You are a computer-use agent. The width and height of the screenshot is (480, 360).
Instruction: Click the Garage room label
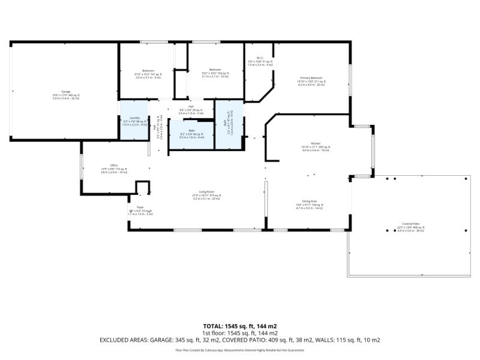[x=66, y=92]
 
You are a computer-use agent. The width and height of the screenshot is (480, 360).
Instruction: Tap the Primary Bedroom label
[x=311, y=79]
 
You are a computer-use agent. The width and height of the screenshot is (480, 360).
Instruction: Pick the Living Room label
[x=206, y=191]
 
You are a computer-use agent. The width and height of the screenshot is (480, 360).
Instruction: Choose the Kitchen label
[x=308, y=143]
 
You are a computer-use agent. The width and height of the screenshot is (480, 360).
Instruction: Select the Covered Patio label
[x=410, y=224]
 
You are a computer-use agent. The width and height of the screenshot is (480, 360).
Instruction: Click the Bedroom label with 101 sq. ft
[x=148, y=71]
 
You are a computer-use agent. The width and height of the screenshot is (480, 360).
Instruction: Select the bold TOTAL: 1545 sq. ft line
[x=240, y=326]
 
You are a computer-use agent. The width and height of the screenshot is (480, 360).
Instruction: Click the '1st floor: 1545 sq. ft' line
[x=240, y=332]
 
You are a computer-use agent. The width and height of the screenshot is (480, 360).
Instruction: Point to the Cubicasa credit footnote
[x=240, y=350]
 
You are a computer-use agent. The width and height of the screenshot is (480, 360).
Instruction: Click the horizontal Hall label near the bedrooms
[x=191, y=106]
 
